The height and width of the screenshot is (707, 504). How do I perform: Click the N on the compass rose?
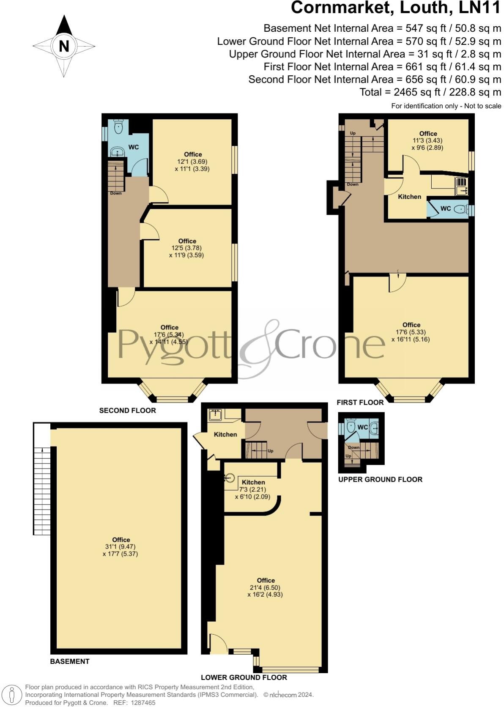coord(64,46)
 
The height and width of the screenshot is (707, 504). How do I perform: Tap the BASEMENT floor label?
coord(70,661)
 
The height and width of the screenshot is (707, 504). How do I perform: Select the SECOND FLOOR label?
coord(127,411)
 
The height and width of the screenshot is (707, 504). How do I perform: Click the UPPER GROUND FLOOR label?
coord(380,480)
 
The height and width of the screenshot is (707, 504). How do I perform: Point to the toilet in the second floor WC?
coord(119,126)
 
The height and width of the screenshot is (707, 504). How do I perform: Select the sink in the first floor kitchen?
coord(460,186)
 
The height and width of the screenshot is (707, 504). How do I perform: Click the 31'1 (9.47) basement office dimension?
coord(121,547)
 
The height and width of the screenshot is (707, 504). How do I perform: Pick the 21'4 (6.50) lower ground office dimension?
coord(266,587)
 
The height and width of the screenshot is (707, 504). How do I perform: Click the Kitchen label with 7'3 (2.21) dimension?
coord(253,482)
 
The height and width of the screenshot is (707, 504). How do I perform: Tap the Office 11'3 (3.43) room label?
coord(428,134)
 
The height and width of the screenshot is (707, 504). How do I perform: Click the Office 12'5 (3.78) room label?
coord(187,241)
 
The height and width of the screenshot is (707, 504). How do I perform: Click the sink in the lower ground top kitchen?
coord(215,414)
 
